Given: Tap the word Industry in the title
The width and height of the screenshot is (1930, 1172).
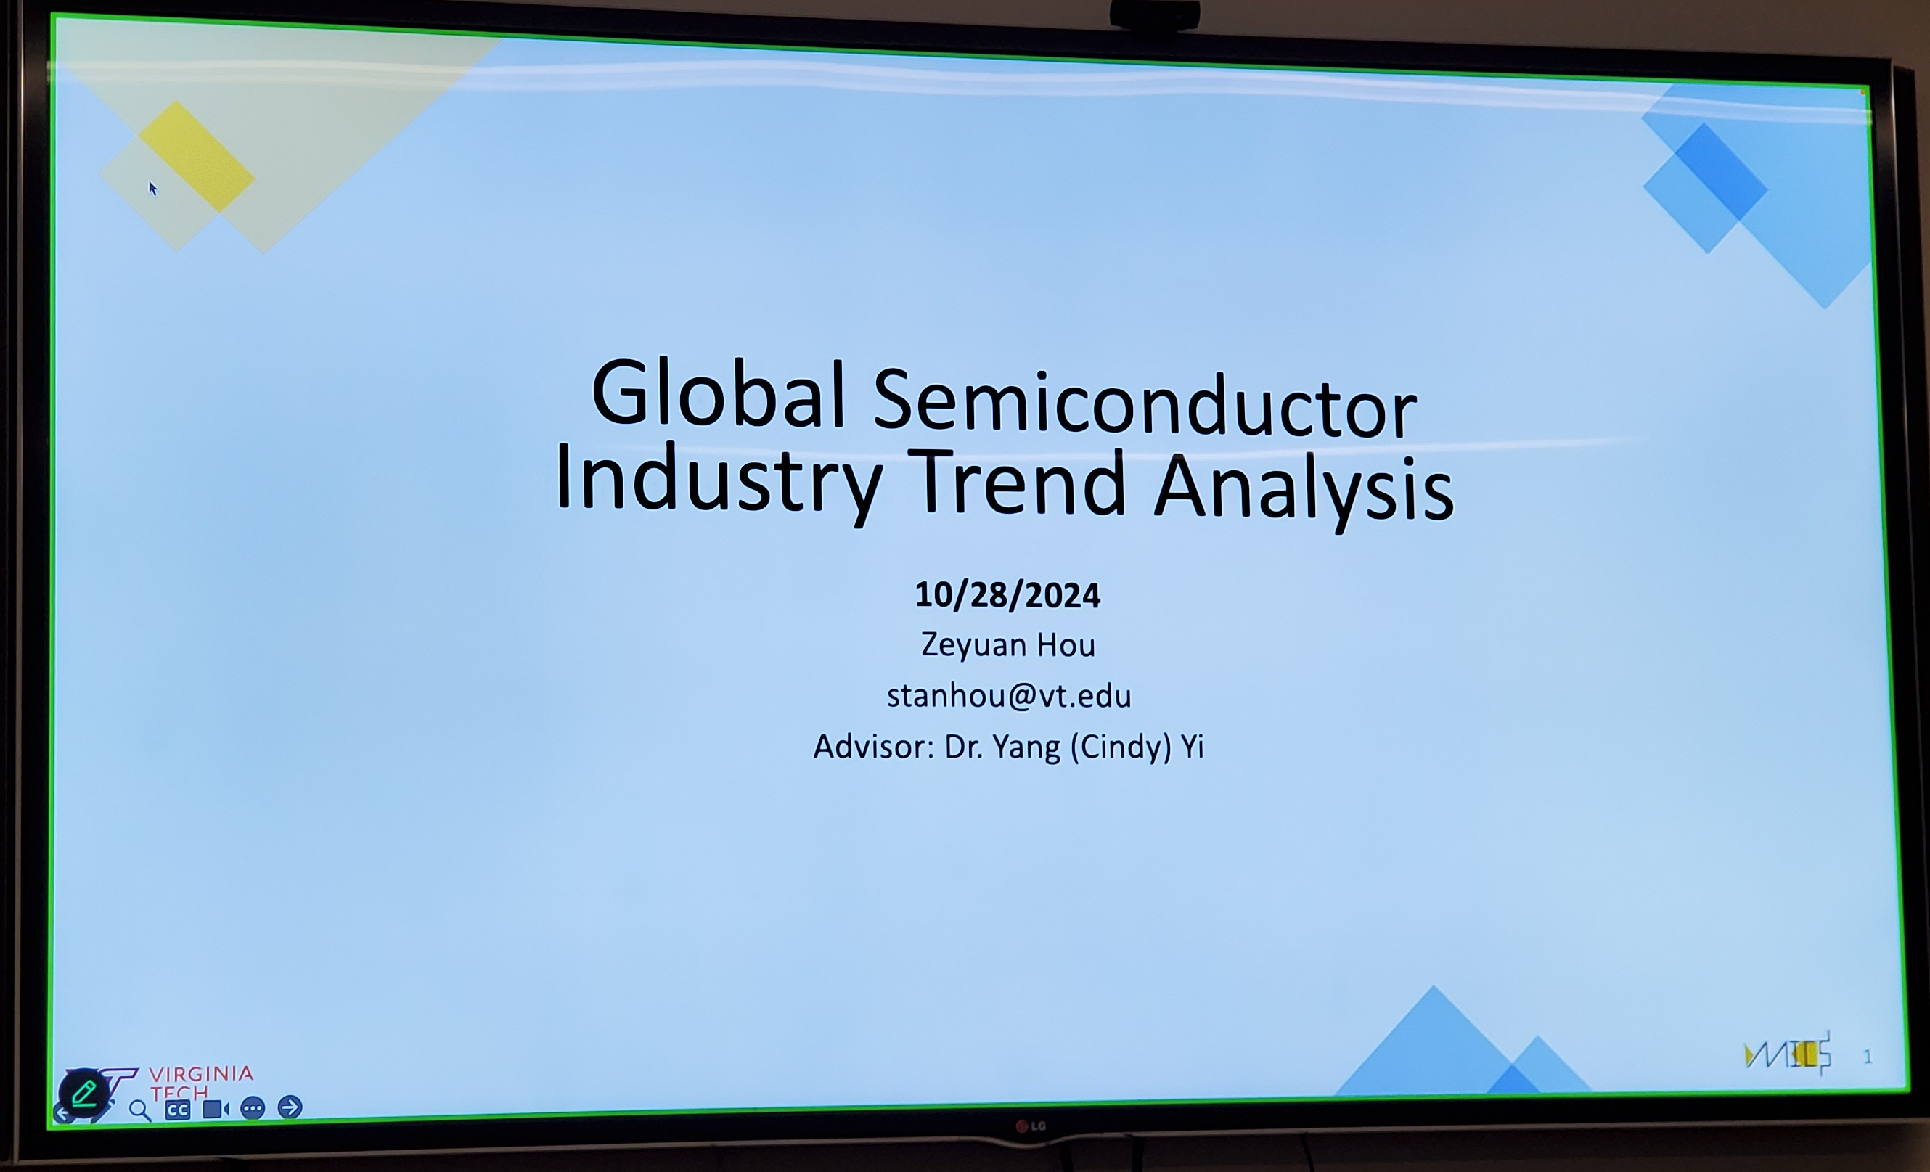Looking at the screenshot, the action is tap(719, 480).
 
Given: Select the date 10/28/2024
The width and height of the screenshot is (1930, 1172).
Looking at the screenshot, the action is tap(1007, 595).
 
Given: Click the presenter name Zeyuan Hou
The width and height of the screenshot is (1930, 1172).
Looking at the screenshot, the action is tap(1007, 644).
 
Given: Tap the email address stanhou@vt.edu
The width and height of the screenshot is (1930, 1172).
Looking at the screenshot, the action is tap(1009, 696).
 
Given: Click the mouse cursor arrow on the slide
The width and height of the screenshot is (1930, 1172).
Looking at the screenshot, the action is tap(152, 189).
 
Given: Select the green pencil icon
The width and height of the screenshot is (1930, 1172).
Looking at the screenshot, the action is tap(83, 1093).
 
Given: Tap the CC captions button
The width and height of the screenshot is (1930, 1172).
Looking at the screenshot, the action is tap(178, 1110).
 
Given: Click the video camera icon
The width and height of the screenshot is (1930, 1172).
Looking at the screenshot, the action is tap(216, 1109).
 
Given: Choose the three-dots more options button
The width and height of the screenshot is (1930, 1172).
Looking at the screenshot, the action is tap(252, 1109).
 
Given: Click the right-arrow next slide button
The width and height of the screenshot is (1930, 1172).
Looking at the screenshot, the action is tap(290, 1107).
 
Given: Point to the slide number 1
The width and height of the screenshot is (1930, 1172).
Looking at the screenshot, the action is tap(1868, 1057).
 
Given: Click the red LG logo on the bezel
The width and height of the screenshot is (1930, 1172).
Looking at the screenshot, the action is tap(1031, 1126).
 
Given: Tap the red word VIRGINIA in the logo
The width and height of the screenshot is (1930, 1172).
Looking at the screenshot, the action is tap(201, 1073).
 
